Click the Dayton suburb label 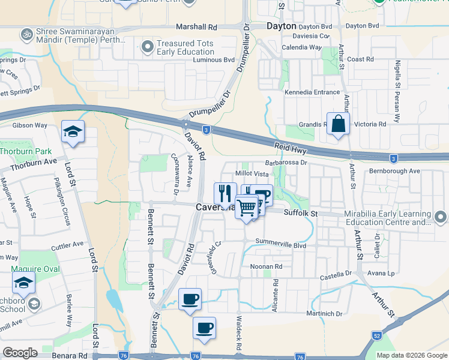pyautogui.click(x=282, y=26)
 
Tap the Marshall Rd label pyautogui.click(x=196, y=27)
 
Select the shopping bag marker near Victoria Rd pyautogui.click(x=338, y=124)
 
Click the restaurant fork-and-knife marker pyautogui.click(x=225, y=194)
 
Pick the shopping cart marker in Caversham pyautogui.click(x=246, y=208)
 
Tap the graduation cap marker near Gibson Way pyautogui.click(x=73, y=133)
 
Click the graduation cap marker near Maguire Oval pyautogui.click(x=23, y=283)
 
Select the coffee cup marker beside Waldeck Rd pyautogui.click(x=204, y=328)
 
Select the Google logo pyautogui.click(x=20, y=353)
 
